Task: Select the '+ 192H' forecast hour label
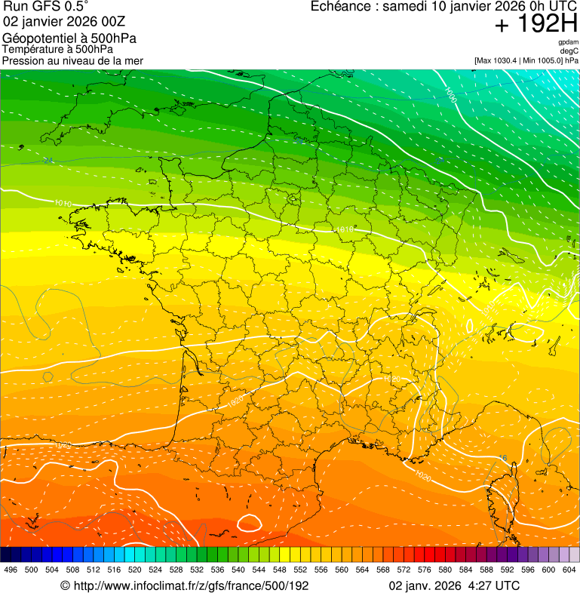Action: coord(536,25)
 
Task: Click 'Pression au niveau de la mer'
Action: coord(72,60)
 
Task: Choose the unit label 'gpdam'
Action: coord(569,42)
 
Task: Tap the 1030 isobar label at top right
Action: coord(450,95)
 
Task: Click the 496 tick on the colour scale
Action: coord(11,570)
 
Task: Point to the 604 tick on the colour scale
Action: coord(569,570)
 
